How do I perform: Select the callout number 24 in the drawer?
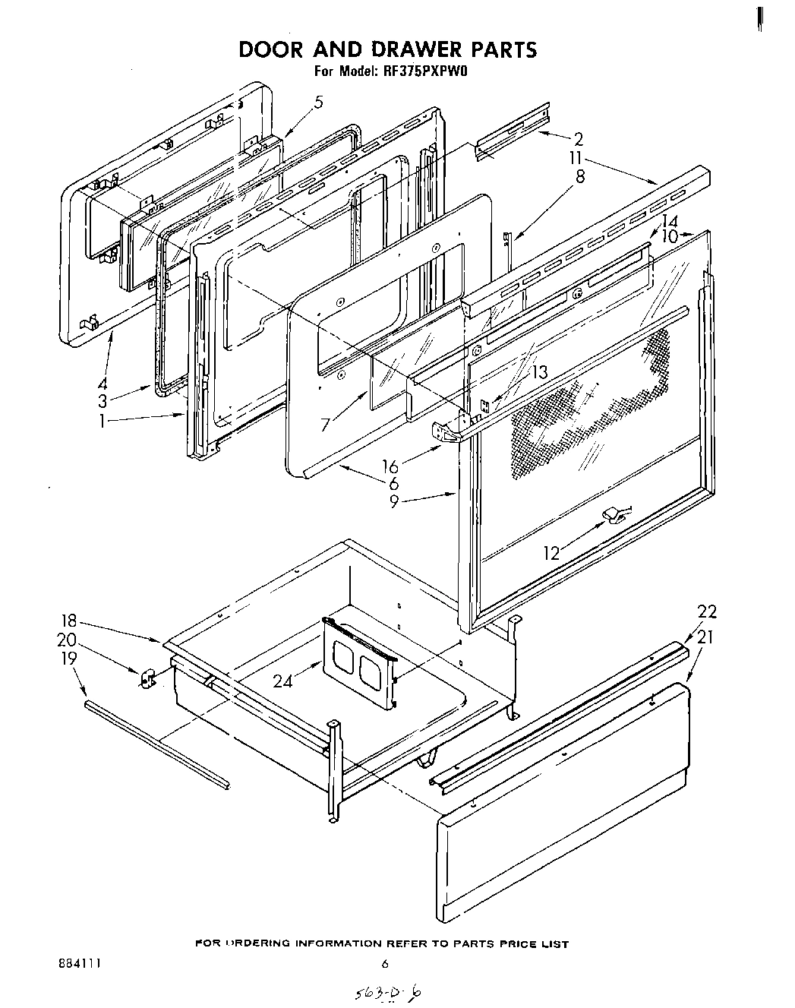pyautogui.click(x=283, y=681)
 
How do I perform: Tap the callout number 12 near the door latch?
pyautogui.click(x=551, y=553)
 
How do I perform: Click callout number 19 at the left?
pyautogui.click(x=68, y=658)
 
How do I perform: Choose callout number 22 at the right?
pyautogui.click(x=706, y=612)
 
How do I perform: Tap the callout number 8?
pyautogui.click(x=580, y=176)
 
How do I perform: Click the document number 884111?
pyautogui.click(x=79, y=964)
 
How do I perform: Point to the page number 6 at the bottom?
pyautogui.click(x=384, y=965)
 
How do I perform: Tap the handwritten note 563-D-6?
pyautogui.click(x=393, y=991)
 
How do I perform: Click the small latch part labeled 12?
pyautogui.click(x=614, y=516)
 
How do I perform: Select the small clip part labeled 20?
pyautogui.click(x=147, y=678)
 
